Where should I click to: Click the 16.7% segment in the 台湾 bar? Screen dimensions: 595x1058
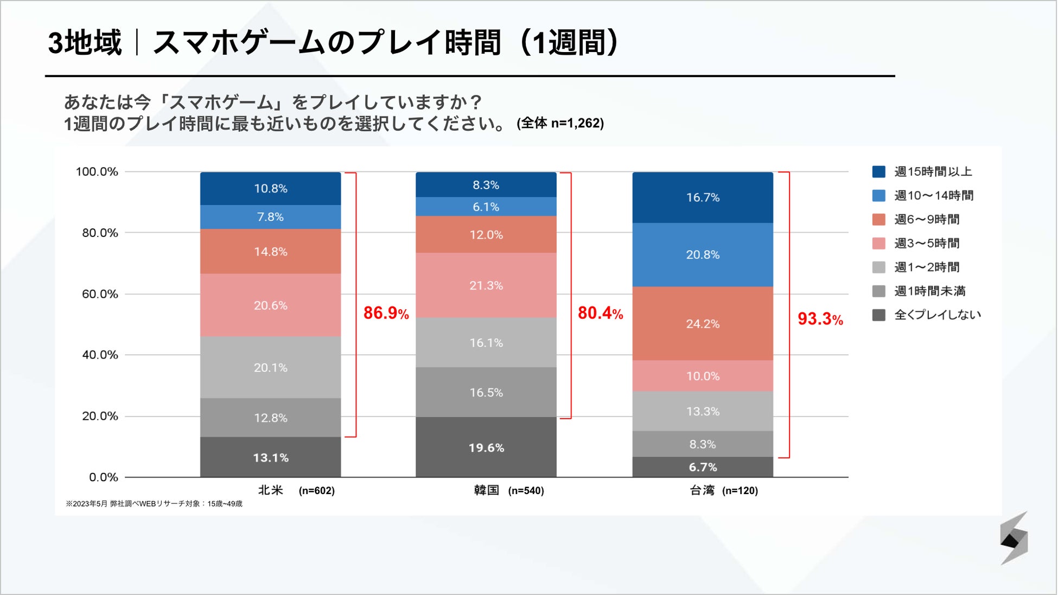[x=703, y=197]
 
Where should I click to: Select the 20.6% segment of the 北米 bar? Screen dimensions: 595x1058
[x=270, y=305]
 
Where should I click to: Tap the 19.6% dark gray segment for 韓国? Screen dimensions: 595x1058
[x=486, y=447]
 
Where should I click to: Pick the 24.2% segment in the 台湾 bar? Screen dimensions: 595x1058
[x=703, y=324]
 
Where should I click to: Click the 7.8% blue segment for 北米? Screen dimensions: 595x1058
[x=270, y=217]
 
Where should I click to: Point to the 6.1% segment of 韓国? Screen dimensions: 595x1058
[x=486, y=207]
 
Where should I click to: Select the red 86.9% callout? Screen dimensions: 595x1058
[x=386, y=313]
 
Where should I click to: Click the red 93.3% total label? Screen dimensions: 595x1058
[x=820, y=319]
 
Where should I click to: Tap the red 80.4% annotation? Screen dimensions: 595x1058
[x=600, y=313]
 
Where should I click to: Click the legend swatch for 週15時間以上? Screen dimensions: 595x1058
[x=878, y=172]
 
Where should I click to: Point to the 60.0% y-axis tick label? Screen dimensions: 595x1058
[x=100, y=294]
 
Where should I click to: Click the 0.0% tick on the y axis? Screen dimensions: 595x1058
[x=104, y=477]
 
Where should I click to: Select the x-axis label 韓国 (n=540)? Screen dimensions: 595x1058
[x=508, y=490]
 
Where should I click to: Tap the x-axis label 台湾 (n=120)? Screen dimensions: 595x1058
[x=723, y=490]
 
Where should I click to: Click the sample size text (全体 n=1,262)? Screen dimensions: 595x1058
[x=560, y=123]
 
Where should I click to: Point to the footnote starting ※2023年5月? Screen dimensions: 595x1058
[x=154, y=504]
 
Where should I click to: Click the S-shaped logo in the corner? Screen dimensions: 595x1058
[x=1014, y=538]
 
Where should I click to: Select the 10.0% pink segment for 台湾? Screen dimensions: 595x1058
[x=703, y=376]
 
